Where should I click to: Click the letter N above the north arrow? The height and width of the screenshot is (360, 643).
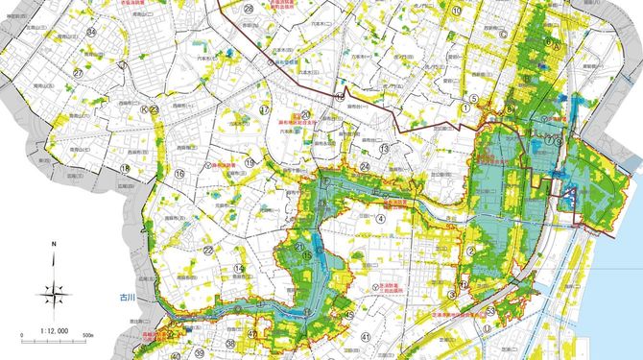coord(55,245)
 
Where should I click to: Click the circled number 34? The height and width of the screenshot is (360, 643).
coord(91,32)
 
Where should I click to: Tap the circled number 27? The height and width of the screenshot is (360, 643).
coord(80,72)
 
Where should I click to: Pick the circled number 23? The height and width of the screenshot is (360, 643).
coord(154,110)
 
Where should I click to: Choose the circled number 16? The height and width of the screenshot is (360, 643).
coord(179,174)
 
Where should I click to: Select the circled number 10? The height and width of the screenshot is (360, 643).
coord(458,12)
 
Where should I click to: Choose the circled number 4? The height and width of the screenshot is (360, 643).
coord(382,218)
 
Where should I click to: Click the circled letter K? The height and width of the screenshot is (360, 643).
coord(143,110)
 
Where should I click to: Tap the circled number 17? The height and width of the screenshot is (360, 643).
coord(263,109)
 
